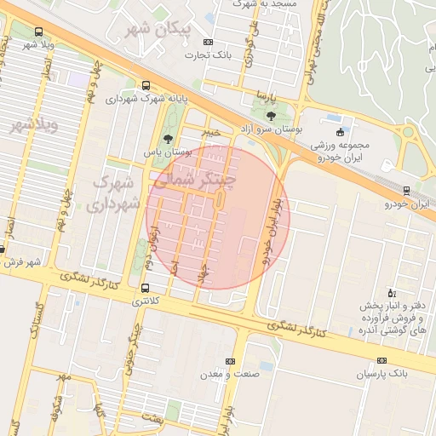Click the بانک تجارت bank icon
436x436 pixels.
[x=209, y=42]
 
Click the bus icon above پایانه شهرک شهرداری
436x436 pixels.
[x=146, y=85]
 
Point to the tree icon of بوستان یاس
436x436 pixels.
[x=167, y=137]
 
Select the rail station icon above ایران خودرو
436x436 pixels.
[x=406, y=191]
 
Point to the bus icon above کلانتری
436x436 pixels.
[x=146, y=288]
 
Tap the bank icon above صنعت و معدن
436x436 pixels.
[x=228, y=361]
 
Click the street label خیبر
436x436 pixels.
[x=209, y=132]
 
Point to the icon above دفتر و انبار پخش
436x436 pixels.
[x=391, y=292]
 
